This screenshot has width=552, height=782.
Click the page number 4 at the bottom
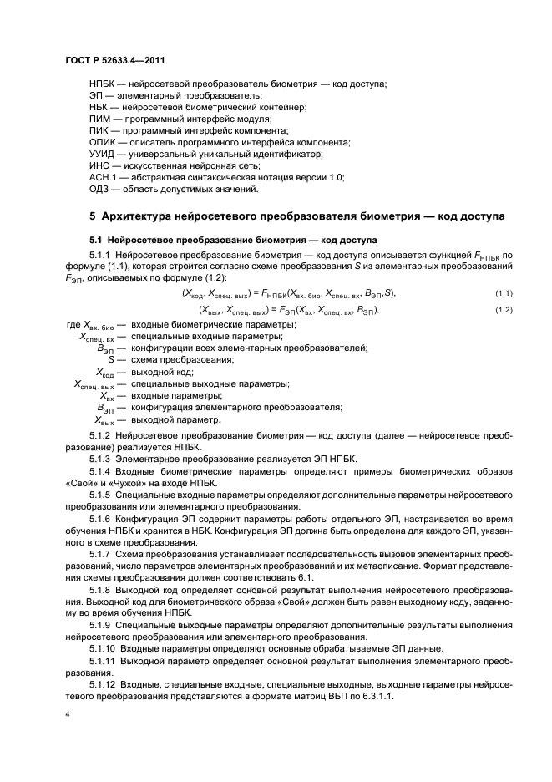[68, 715]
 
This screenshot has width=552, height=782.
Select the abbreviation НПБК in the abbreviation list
[103, 84]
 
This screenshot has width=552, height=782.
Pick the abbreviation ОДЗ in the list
[101, 190]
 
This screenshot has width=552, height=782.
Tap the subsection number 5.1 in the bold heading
[96, 239]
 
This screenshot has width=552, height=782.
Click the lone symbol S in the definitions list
[111, 359]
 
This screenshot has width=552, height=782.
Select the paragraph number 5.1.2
[100, 436]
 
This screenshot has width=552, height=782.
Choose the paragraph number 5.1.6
[100, 519]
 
